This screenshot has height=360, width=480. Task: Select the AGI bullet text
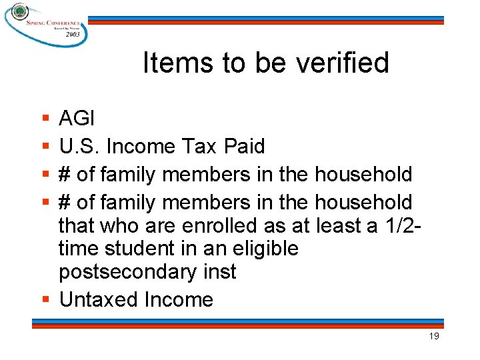(77, 119)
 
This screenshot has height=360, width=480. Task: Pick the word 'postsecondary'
(127, 273)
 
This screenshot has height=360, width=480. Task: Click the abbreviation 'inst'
(219, 273)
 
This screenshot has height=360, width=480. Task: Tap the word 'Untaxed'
(99, 300)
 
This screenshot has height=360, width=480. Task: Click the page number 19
(434, 337)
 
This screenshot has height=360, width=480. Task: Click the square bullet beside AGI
(45, 119)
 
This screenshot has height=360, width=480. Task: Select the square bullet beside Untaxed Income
(45, 299)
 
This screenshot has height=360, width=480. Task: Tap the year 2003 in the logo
(72, 33)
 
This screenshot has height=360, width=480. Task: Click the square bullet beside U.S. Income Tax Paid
(45, 146)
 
